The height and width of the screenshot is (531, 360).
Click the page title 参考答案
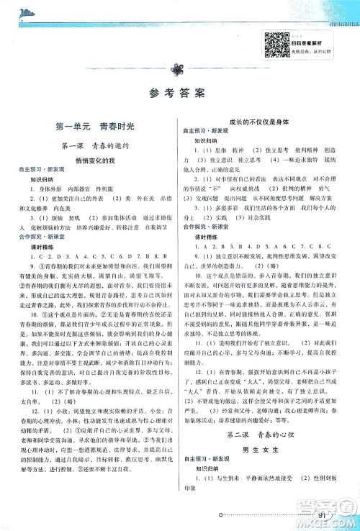178,92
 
